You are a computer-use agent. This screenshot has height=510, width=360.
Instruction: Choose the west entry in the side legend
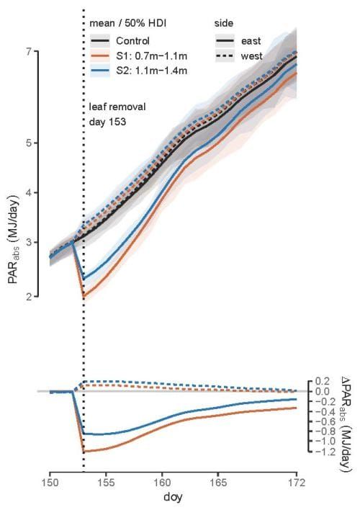(x=253, y=55)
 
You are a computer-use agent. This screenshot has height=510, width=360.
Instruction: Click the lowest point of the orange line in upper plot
(x=84, y=297)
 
